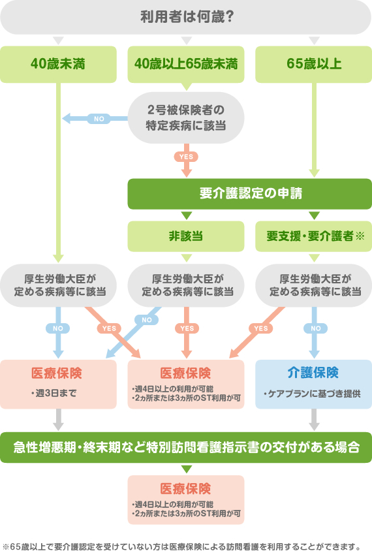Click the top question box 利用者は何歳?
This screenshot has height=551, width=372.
[x=186, y=17]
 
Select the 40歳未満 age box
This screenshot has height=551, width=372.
[x=58, y=64]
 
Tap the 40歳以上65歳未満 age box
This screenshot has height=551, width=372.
[x=186, y=64]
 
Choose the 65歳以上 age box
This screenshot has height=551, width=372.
[x=313, y=64]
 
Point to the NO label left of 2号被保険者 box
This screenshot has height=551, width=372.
[x=99, y=119]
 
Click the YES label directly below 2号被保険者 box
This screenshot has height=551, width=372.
[x=186, y=157]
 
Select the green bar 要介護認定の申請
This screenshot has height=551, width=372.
[x=249, y=194]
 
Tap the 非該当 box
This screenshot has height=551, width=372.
[x=186, y=236]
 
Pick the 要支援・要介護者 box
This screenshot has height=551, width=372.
[x=313, y=236]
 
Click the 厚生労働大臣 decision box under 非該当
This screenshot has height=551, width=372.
[x=186, y=285]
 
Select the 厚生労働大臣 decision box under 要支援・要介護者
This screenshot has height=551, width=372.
[x=313, y=285]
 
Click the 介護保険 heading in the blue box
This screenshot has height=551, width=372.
[x=313, y=373]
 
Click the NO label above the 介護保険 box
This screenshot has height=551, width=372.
[x=314, y=328]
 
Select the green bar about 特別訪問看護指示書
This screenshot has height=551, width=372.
[x=186, y=447]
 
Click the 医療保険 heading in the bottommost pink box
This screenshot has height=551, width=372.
[x=186, y=488]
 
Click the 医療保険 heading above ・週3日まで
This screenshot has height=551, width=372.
[x=58, y=373]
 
